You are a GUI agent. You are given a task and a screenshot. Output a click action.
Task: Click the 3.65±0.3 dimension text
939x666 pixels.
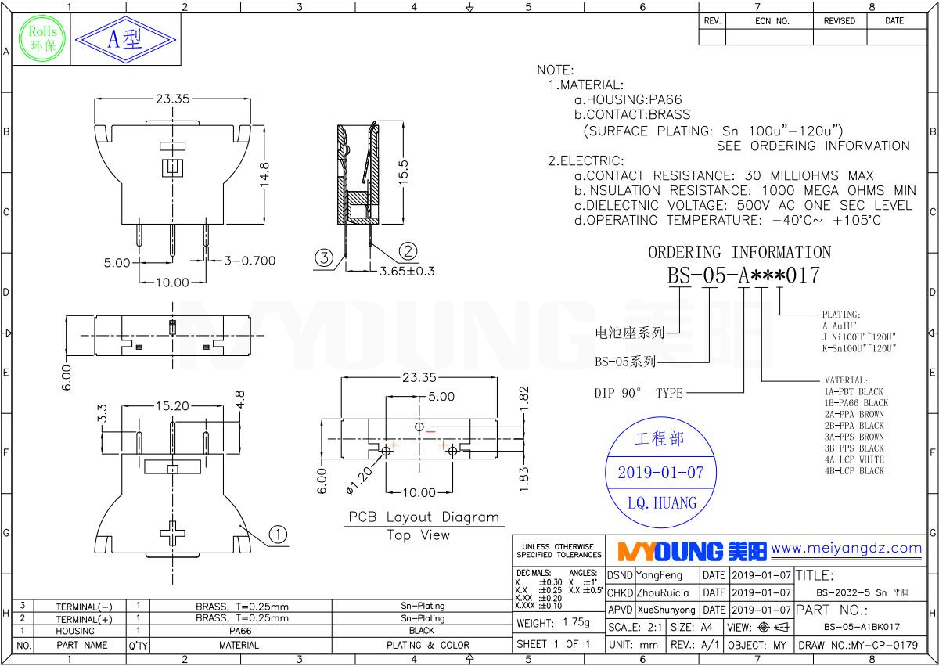pyautogui.click(x=407, y=271)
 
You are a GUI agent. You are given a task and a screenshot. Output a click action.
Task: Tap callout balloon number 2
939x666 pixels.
pyautogui.click(x=408, y=250)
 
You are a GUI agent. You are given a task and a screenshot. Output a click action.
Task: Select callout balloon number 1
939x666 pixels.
pyautogui.click(x=277, y=534)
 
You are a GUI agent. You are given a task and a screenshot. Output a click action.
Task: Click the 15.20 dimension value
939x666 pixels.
pyautogui.click(x=171, y=405)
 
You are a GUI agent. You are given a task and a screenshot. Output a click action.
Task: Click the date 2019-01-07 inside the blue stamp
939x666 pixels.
pyautogui.click(x=660, y=473)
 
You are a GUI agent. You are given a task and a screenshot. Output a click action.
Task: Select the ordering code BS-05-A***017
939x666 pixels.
pyautogui.click(x=743, y=275)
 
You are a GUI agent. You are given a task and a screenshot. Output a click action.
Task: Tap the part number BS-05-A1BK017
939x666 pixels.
pyautogui.click(x=862, y=627)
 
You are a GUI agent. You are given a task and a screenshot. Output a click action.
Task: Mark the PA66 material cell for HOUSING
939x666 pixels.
pyautogui.click(x=239, y=631)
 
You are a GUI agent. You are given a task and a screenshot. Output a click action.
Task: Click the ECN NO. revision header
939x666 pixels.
pyautogui.click(x=772, y=21)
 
